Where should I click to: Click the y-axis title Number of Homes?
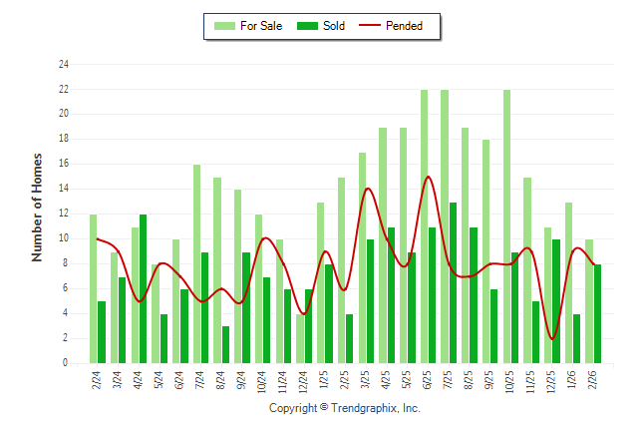37,208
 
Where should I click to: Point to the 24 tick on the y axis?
64,65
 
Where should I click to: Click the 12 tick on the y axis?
64,214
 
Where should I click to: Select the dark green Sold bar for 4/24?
144,288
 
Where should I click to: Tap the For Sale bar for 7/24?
197,263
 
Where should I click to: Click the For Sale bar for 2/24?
94,288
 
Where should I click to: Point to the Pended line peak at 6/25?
429,177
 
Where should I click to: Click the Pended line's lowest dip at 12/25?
552,339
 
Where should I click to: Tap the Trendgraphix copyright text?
345,408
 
